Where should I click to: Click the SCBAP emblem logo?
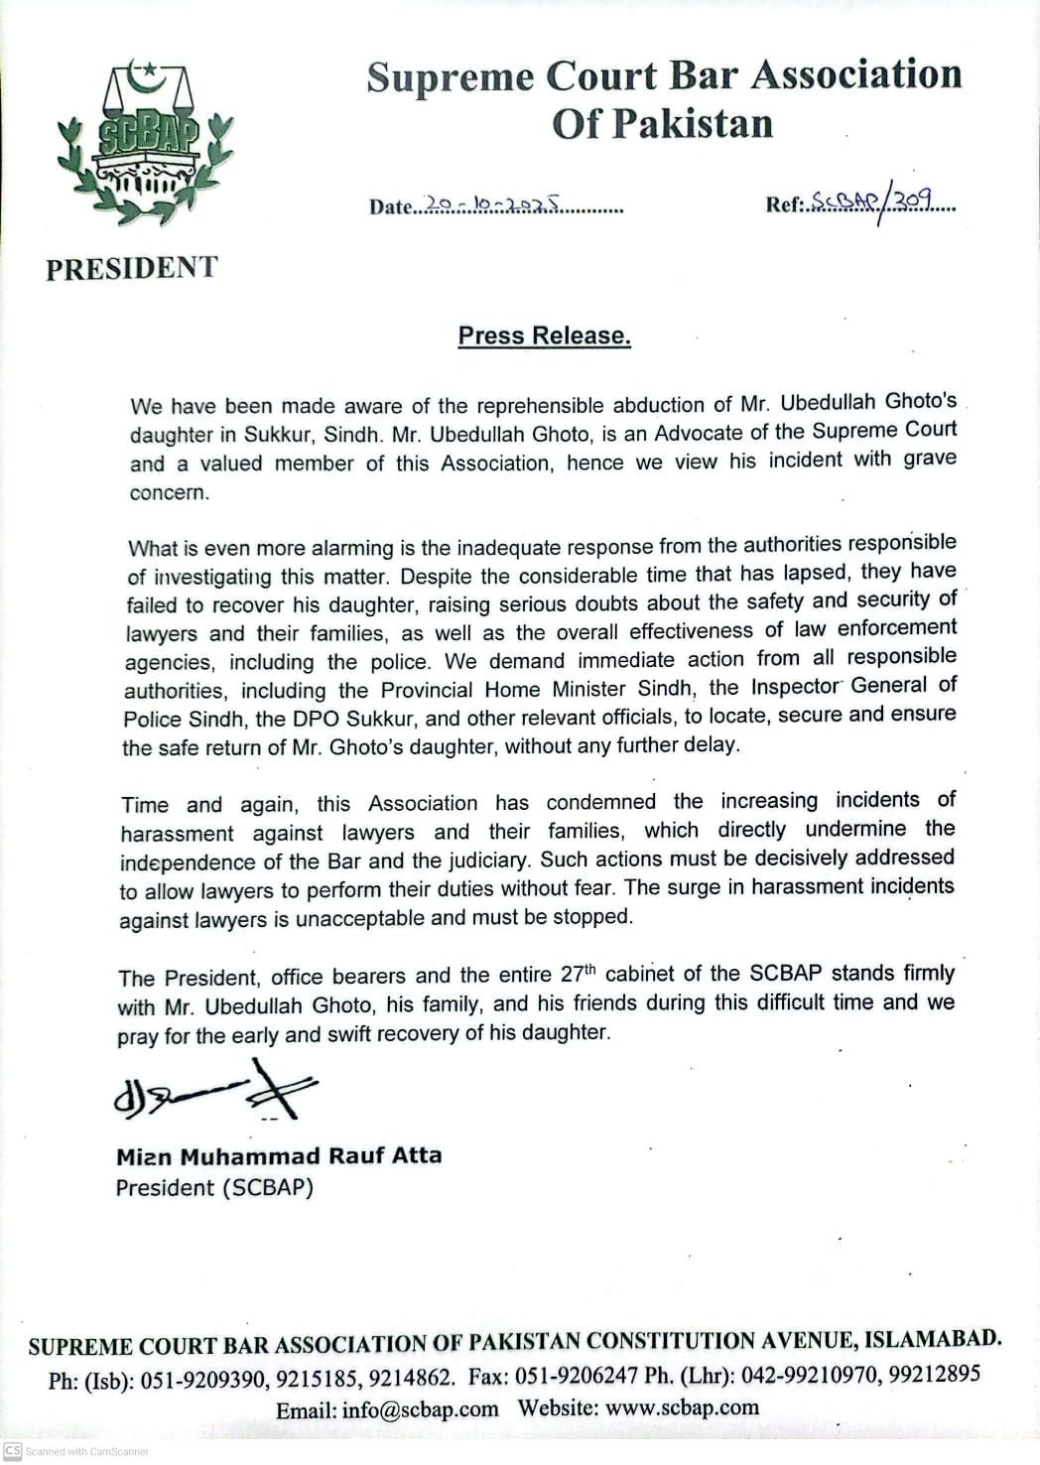click(146, 139)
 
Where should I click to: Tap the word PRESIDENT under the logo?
click(131, 268)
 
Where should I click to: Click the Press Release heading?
click(544, 335)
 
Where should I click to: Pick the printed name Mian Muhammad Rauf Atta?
click(279, 1156)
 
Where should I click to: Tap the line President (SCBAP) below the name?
click(214, 1188)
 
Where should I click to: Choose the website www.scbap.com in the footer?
click(682, 1407)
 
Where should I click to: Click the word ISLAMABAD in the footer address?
click(932, 1339)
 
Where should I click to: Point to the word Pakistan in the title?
click(692, 124)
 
